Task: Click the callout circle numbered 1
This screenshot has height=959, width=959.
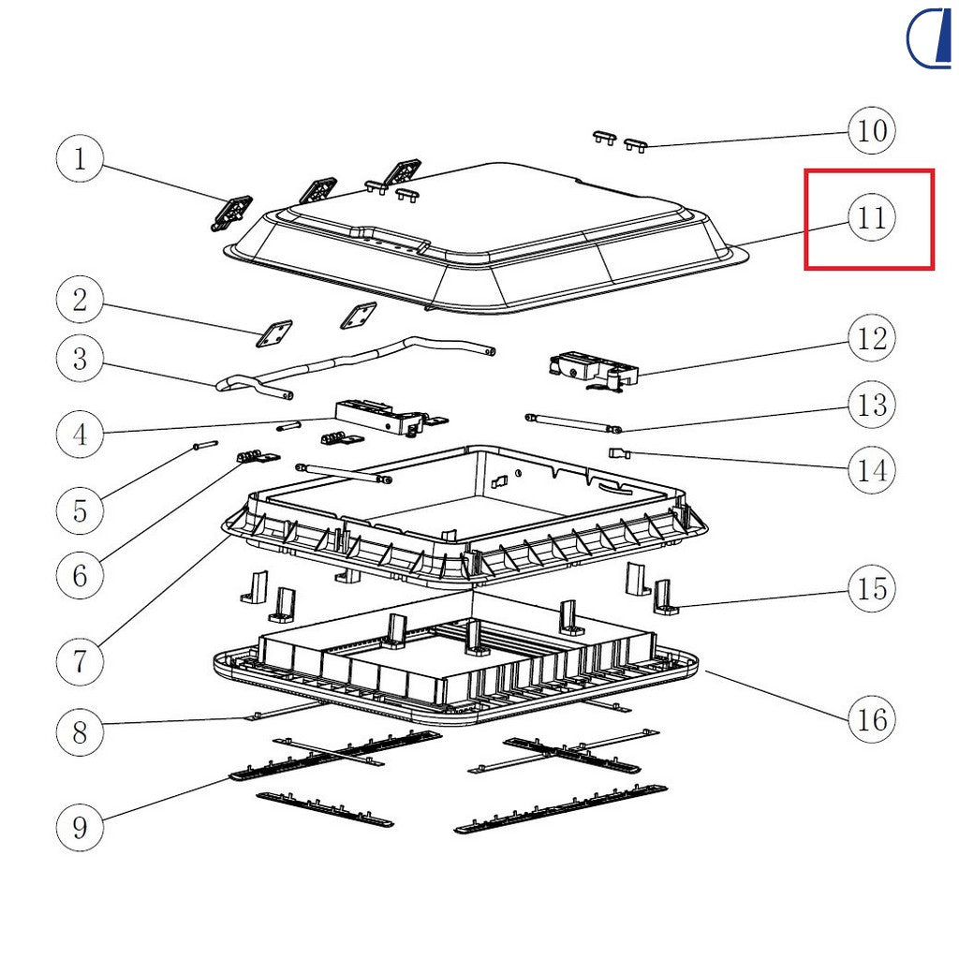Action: (80, 158)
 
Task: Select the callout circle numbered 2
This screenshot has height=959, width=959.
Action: (80, 300)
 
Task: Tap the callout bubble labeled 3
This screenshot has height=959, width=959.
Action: (80, 359)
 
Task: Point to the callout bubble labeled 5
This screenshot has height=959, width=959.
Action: (80, 510)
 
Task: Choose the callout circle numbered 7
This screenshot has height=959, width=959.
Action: (80, 661)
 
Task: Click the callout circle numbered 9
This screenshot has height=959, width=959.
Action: (80, 827)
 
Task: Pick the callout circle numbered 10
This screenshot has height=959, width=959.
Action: (872, 130)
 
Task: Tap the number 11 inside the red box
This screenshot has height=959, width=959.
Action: (872, 217)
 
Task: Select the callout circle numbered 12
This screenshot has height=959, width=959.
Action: (872, 338)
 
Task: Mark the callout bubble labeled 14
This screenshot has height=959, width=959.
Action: (872, 470)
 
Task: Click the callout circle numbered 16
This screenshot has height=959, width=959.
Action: (872, 719)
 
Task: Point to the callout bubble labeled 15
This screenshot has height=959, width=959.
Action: (872, 588)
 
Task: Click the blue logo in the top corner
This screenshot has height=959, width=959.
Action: (929, 37)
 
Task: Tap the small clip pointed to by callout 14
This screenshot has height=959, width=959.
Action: (618, 453)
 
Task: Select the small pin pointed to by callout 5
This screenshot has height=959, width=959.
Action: (205, 445)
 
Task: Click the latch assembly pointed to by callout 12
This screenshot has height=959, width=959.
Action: (594, 371)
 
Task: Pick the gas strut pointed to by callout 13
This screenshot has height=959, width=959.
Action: (573, 423)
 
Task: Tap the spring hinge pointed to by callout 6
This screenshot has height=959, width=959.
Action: (258, 457)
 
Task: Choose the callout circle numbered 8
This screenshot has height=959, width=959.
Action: (80, 732)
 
